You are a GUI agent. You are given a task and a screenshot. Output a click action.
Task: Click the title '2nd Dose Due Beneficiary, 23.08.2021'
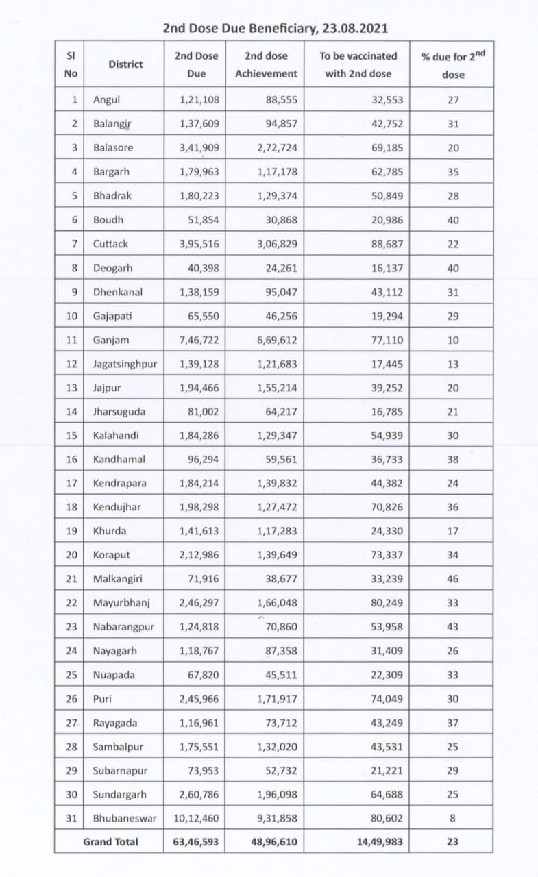276,28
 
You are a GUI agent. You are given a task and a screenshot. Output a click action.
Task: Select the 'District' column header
125,64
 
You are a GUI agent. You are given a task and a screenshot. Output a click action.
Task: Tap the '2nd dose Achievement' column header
267,64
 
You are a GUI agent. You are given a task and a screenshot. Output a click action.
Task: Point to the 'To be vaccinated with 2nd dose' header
358,64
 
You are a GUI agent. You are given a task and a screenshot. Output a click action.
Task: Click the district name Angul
106,99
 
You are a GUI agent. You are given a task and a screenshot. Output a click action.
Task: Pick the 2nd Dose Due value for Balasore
199,147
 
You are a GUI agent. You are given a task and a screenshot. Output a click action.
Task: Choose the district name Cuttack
110,243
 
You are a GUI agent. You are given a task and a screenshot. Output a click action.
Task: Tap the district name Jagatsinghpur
125,364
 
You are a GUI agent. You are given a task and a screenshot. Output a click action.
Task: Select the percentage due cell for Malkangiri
452,579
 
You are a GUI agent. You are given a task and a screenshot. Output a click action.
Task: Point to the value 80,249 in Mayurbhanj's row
387,603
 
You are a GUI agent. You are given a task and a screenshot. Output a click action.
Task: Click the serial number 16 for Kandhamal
72,459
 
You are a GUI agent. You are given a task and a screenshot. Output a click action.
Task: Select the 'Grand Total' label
110,841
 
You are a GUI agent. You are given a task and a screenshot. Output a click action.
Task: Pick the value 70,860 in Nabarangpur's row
281,626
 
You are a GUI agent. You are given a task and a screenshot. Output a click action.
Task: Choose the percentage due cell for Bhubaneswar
452,818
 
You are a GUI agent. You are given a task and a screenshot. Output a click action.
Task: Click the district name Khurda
110,531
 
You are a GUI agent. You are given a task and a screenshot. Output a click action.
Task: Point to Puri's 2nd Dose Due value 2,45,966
199,699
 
